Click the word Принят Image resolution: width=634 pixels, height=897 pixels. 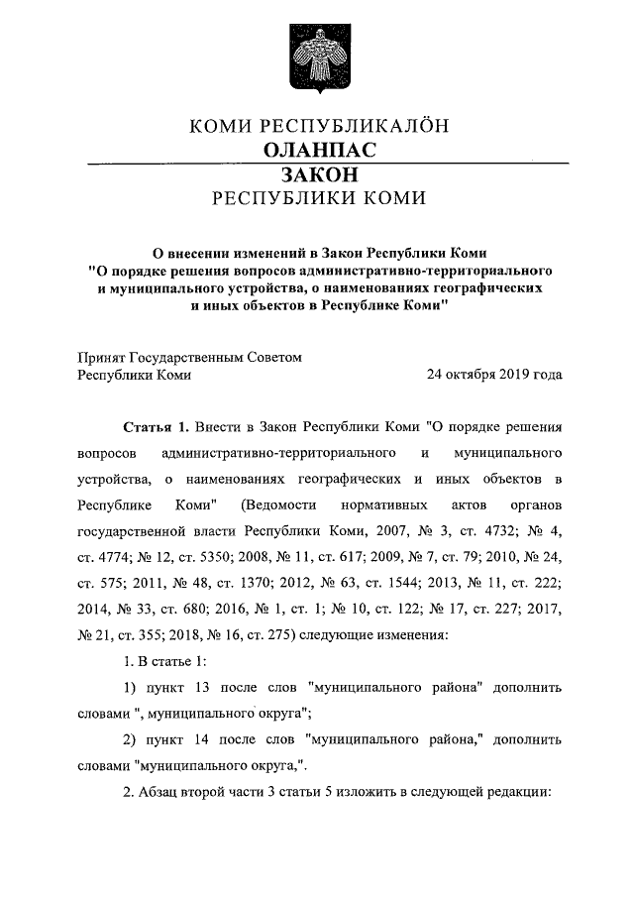point(100,357)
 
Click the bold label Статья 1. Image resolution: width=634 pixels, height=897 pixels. point(155,428)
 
